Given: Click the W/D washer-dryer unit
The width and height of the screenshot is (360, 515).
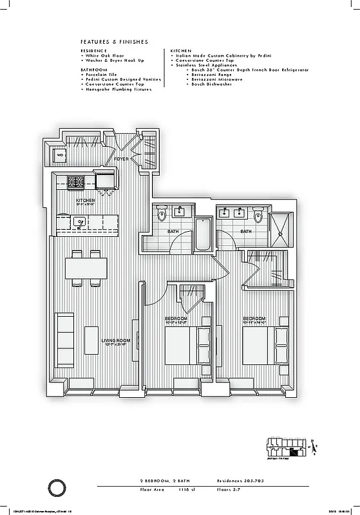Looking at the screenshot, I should pos(60,155).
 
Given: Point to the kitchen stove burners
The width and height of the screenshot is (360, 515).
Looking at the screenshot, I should pos(76,182).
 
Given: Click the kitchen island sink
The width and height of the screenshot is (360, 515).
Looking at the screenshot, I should pos(80,223).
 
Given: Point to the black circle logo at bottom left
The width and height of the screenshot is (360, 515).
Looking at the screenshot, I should pos(57,485).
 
